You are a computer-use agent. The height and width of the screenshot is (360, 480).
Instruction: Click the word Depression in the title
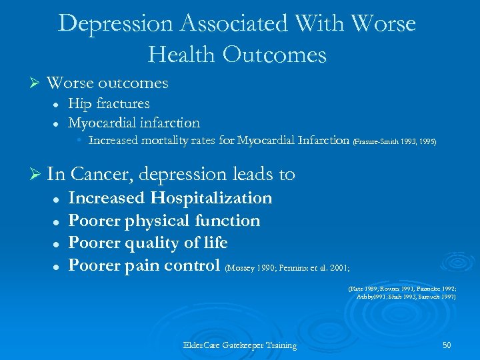[116, 23]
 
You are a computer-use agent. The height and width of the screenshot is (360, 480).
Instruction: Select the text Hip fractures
[109, 103]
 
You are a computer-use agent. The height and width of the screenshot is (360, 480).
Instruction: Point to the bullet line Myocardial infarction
[134, 123]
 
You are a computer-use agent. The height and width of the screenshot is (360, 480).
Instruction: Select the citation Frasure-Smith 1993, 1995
[395, 142]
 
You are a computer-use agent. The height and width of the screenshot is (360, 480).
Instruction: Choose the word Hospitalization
[211, 198]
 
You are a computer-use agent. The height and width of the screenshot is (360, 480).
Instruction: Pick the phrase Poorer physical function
[165, 220]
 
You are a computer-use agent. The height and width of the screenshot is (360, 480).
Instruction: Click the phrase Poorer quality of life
[148, 243]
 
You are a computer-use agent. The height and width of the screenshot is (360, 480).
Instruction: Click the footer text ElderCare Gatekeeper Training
[240, 345]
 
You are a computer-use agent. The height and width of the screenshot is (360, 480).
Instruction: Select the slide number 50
[446, 345]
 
